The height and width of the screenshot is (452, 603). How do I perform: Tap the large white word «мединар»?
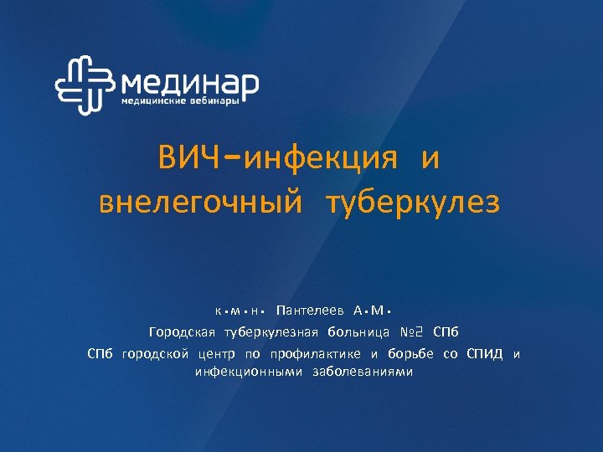click(x=190, y=82)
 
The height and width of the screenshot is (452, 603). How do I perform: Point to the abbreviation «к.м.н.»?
click(x=240, y=311)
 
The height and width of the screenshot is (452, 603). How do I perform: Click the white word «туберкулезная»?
click(x=271, y=332)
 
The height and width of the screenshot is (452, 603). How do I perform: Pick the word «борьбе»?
click(x=413, y=354)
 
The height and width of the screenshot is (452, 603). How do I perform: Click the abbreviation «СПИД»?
click(x=485, y=354)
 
